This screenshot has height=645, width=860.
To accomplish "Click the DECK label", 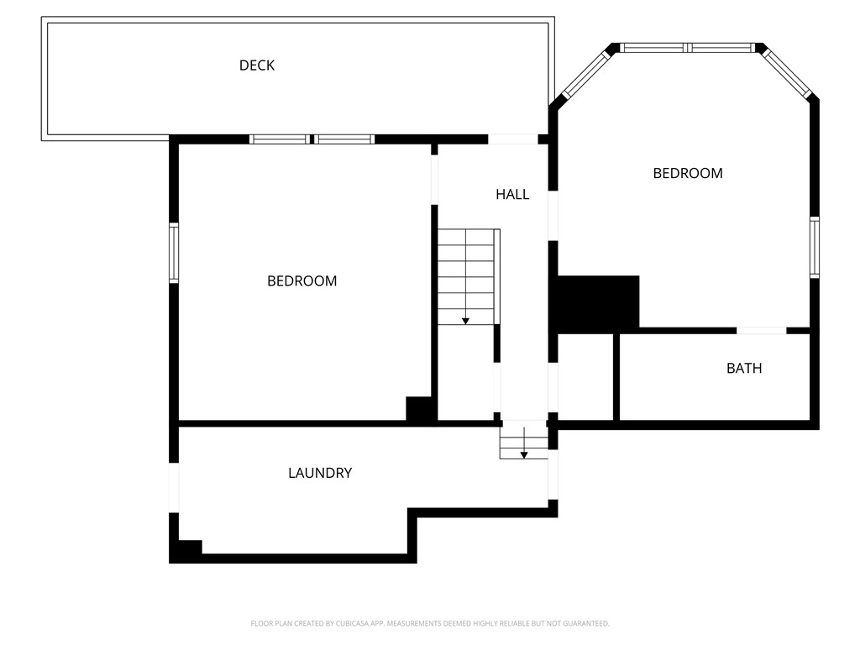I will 257,66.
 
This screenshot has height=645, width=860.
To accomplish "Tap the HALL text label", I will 512,195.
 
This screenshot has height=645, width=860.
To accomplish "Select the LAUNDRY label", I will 319,474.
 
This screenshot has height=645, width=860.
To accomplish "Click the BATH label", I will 744,368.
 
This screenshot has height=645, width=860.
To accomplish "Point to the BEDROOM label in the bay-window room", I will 688,174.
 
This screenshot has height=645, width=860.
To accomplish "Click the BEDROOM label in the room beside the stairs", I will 302,281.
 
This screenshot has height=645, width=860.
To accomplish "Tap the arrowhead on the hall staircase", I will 465,321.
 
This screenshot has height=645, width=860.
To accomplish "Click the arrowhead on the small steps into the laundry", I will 524,454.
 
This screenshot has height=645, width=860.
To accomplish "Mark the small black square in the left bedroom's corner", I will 419,408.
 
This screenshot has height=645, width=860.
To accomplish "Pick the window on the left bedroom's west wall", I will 174,252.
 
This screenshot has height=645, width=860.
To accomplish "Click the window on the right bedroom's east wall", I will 815,247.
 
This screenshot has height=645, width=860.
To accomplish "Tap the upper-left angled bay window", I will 585,72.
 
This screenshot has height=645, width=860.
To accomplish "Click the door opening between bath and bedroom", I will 762,331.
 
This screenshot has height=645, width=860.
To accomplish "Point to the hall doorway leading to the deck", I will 513,139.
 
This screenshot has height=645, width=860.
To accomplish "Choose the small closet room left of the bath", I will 586,377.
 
